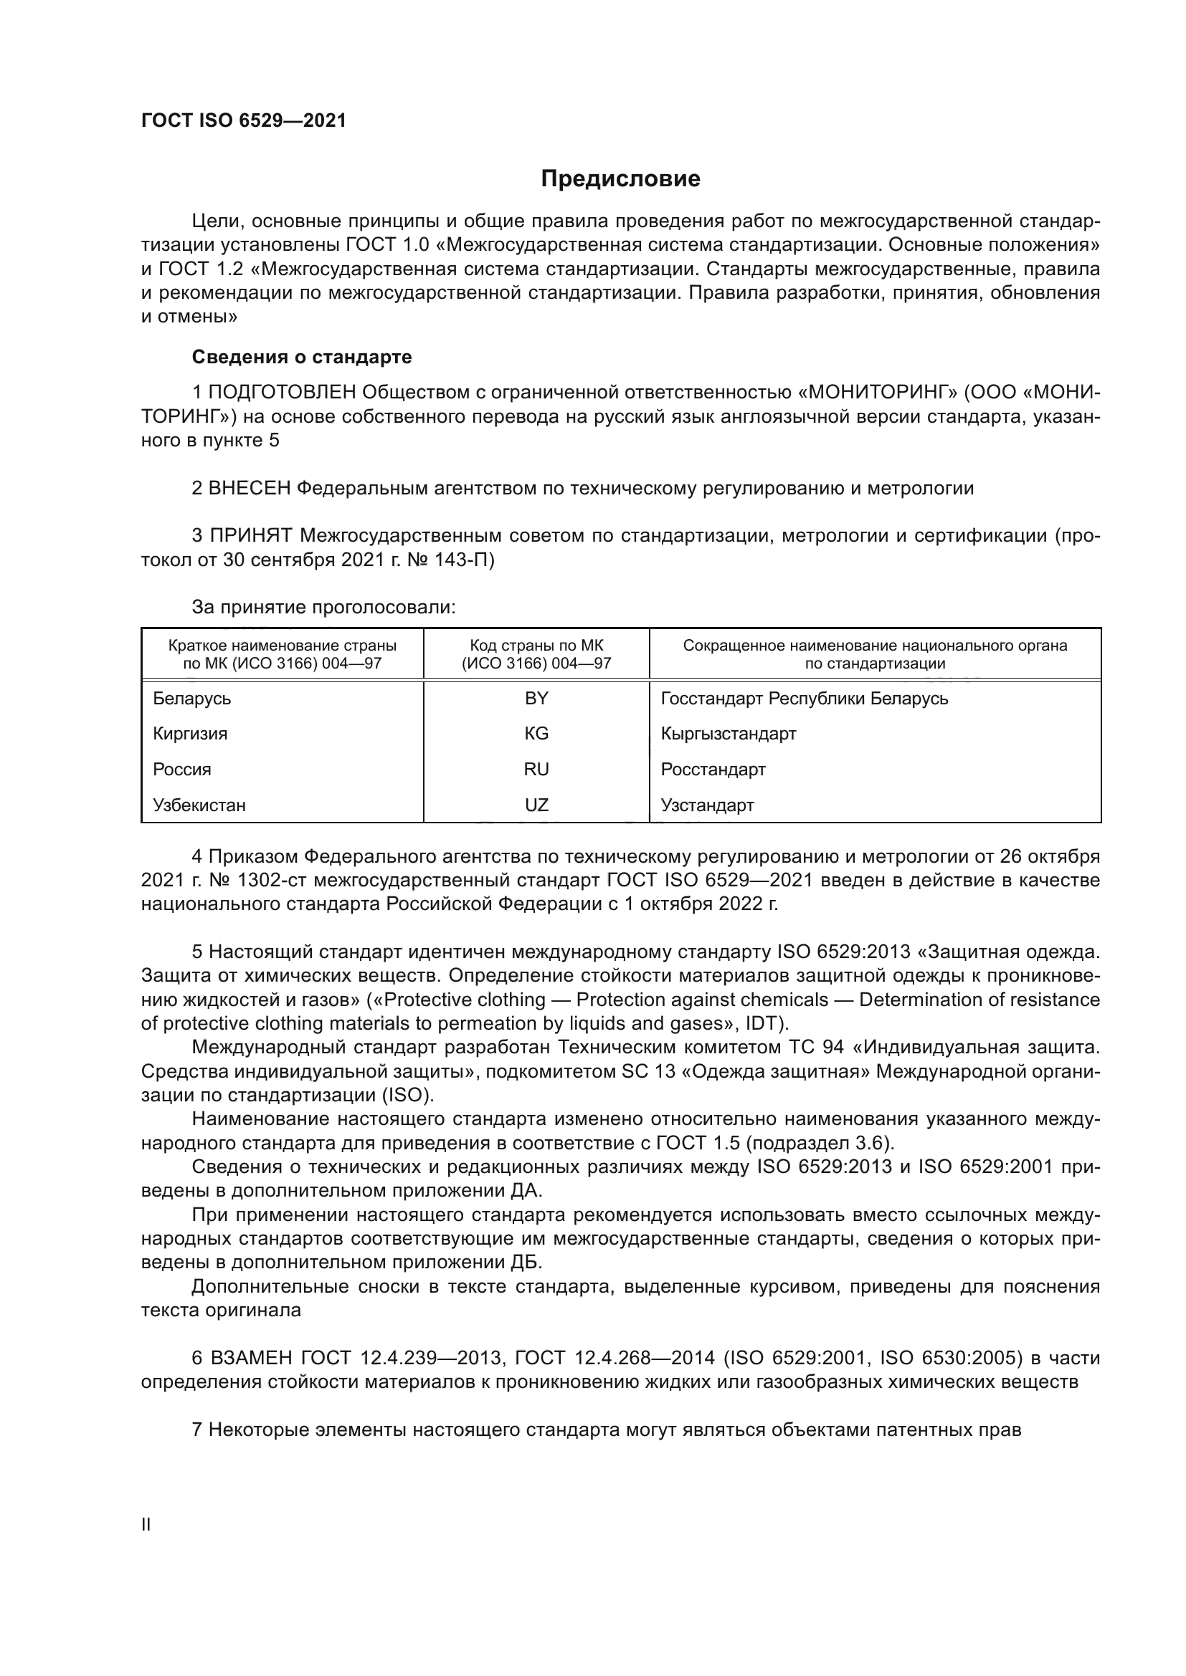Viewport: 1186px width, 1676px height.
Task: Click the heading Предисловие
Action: pos(620,179)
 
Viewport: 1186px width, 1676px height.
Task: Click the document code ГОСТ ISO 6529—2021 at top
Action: pos(243,120)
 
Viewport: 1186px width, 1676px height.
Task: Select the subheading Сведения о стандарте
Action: pos(302,357)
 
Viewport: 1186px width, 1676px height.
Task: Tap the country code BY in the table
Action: pos(536,699)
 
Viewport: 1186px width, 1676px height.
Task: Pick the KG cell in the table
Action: pos(536,734)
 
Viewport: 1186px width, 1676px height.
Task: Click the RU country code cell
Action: pos(536,770)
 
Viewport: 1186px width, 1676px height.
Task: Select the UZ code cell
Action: pos(536,805)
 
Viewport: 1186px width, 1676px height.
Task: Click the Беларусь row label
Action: pos(192,699)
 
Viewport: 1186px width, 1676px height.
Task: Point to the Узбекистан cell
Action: pos(199,805)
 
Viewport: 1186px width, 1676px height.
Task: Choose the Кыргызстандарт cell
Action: pos(728,734)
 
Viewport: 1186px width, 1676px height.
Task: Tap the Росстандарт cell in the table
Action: pos(713,770)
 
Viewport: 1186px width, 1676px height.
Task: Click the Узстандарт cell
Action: pos(707,805)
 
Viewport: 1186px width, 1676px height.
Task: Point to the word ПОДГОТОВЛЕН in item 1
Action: pos(283,393)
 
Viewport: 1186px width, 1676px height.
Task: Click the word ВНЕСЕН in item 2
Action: pos(249,488)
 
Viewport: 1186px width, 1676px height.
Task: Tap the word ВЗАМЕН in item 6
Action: pos(250,1358)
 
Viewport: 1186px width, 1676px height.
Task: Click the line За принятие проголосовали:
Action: pos(323,608)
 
